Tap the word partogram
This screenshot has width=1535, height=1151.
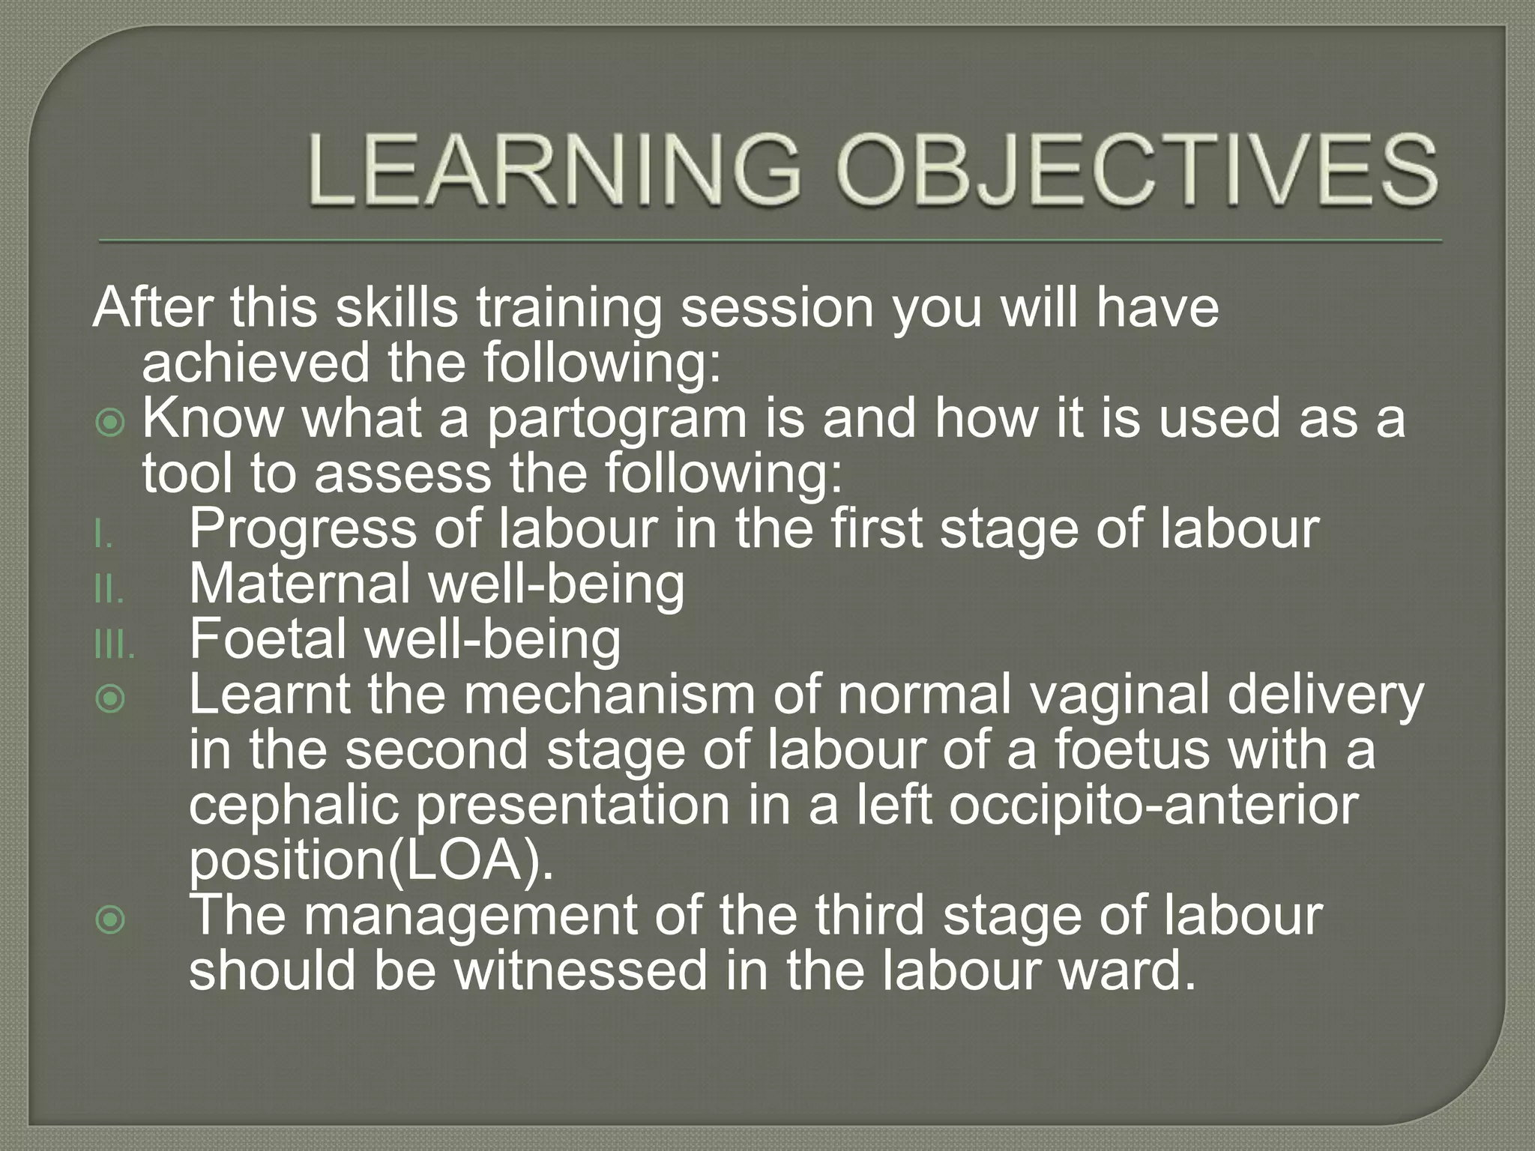617,420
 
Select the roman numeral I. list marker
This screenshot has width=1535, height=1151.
104,537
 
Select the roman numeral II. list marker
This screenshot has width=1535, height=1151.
109,592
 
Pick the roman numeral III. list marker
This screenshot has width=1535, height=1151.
115,647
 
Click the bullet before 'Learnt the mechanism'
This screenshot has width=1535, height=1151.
111,700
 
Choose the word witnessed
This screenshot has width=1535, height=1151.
581,970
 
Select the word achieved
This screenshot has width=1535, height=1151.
256,364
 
